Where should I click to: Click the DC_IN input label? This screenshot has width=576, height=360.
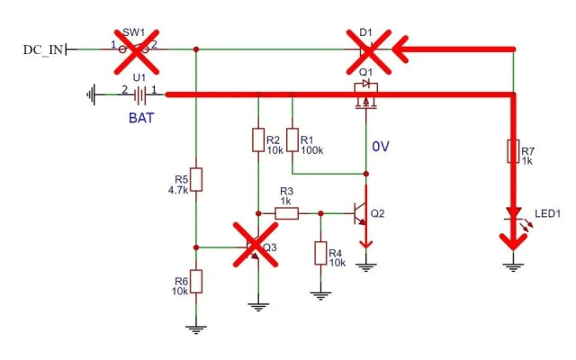(x=43, y=49)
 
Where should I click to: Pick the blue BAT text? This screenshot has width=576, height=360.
(x=139, y=117)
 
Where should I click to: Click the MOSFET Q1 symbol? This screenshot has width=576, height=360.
(x=366, y=97)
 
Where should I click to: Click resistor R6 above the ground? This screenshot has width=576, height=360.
(x=197, y=281)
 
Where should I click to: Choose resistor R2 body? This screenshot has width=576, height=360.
(x=258, y=140)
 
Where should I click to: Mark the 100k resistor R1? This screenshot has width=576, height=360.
(x=292, y=140)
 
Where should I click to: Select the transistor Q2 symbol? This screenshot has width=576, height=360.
(x=363, y=214)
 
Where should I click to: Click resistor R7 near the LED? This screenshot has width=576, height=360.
(x=512, y=151)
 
